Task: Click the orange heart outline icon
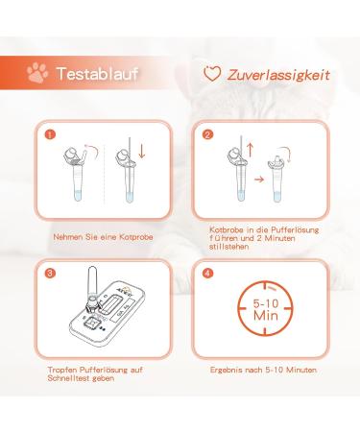(x=212, y=73)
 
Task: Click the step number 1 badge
(x=51, y=135)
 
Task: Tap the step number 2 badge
(x=206, y=135)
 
